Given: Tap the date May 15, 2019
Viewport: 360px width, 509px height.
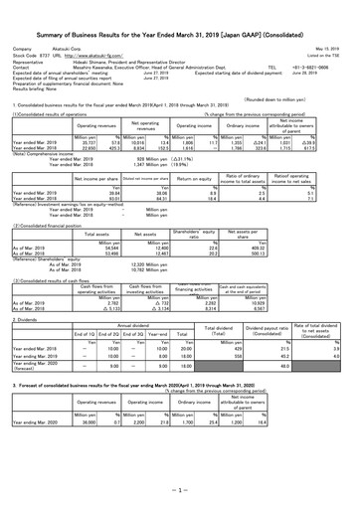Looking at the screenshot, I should tap(331, 46).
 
